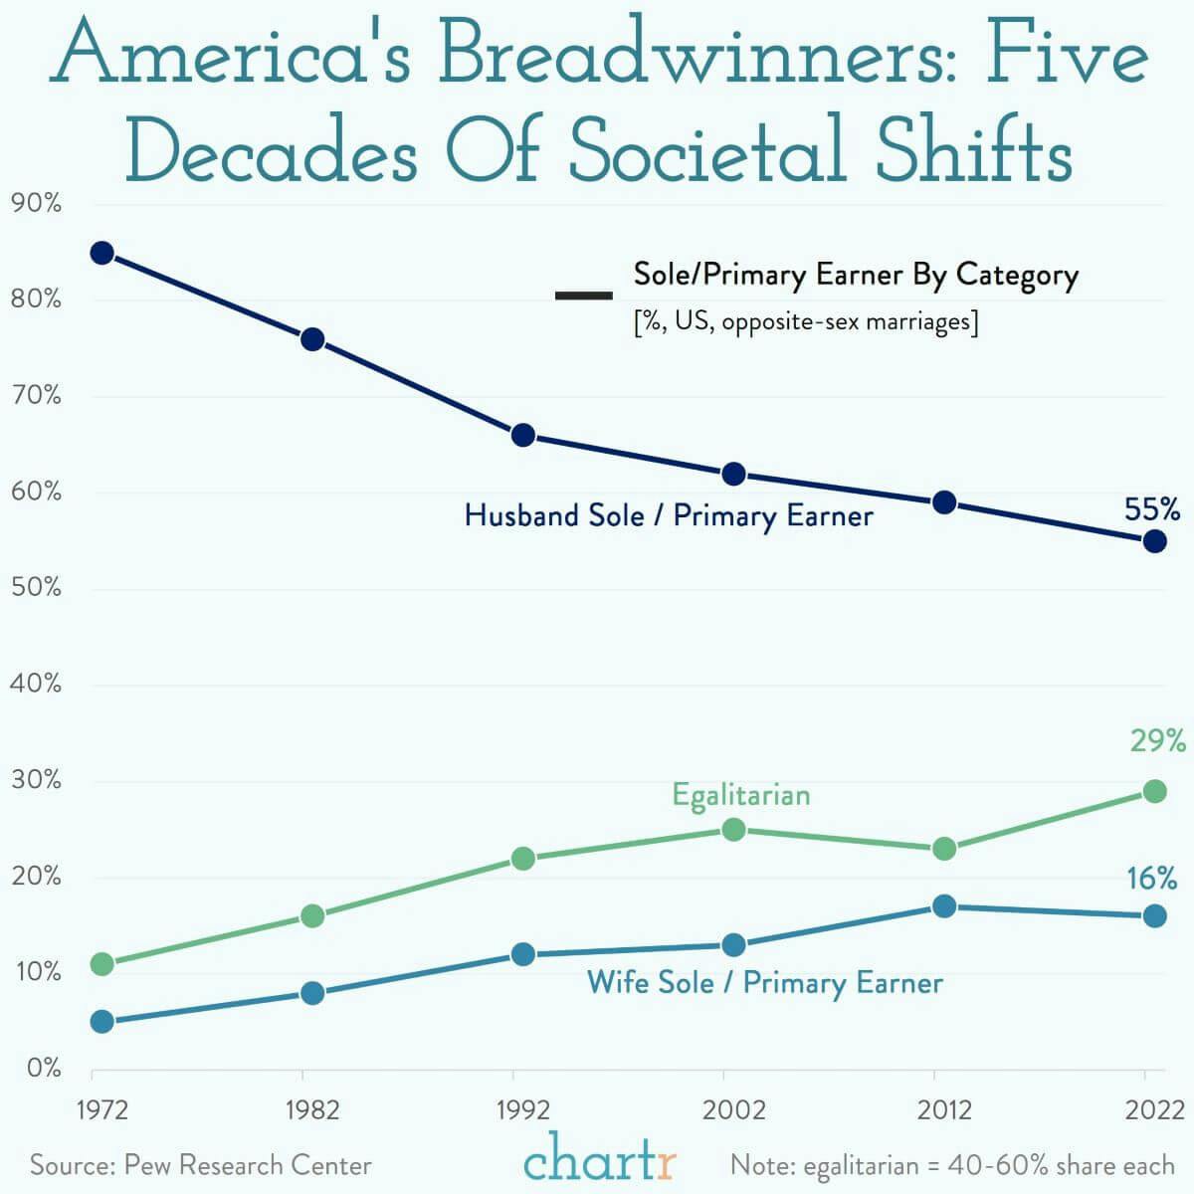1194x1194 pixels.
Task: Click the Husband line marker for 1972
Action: point(101,253)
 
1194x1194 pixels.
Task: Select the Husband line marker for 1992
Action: point(523,435)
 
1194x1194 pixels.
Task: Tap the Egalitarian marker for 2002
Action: point(733,829)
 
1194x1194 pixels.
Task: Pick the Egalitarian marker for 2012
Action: point(944,849)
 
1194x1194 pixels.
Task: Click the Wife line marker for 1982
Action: point(312,993)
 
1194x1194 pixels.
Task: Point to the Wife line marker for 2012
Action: point(944,906)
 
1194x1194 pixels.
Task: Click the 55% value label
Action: point(1152,510)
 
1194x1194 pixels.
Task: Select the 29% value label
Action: point(1157,741)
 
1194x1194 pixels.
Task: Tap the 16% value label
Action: point(1152,879)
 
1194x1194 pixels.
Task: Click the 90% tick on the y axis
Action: point(36,205)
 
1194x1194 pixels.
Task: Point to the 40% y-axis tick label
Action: point(36,685)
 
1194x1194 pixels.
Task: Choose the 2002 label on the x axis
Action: point(733,1110)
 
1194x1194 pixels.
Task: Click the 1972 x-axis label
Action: point(101,1110)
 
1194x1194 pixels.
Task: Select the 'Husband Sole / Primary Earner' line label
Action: point(669,515)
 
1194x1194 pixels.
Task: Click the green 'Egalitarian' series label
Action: point(741,795)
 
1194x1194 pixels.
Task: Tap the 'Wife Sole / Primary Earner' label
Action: point(765,983)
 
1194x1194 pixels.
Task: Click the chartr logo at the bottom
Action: point(600,1160)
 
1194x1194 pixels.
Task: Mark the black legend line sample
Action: point(584,296)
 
